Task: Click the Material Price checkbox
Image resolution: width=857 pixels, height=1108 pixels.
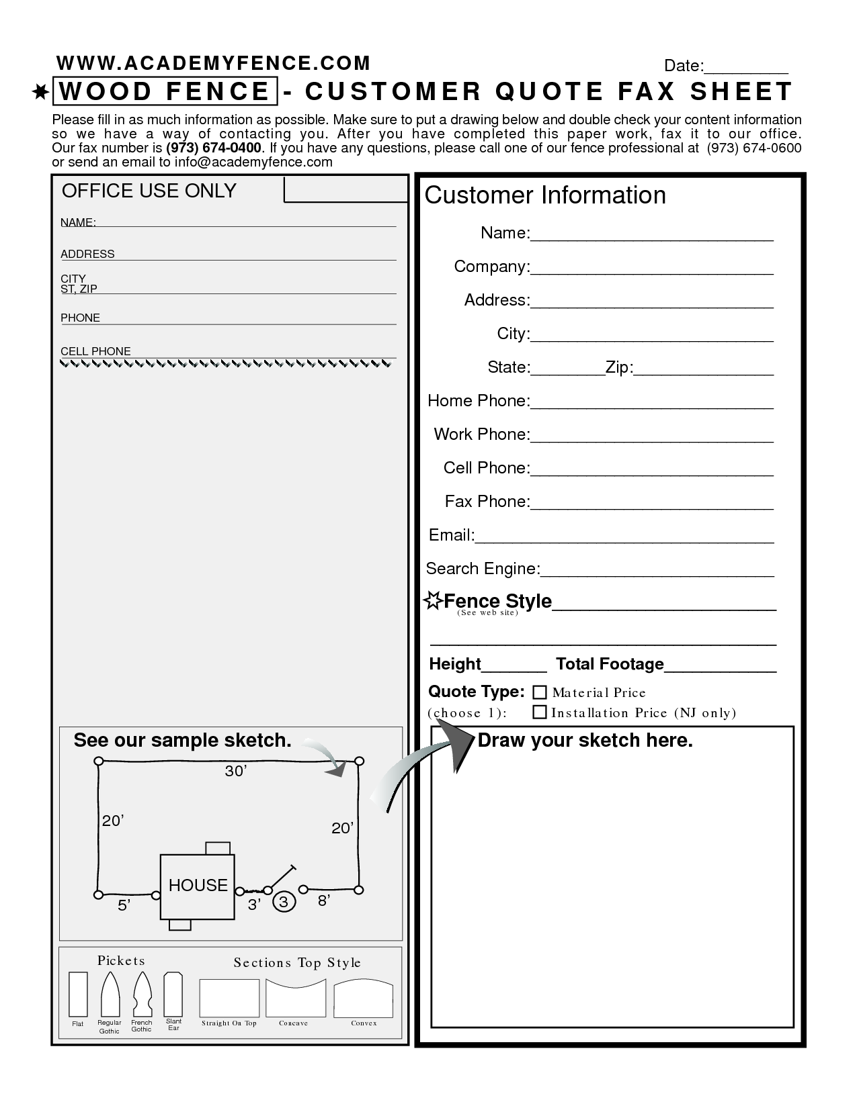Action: pos(540,692)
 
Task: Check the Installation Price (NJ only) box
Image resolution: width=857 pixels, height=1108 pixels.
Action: pos(540,712)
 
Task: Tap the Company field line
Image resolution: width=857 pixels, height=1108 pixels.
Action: pos(651,269)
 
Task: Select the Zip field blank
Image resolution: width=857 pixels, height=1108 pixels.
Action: pos(703,369)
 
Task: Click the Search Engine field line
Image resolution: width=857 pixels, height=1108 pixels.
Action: pos(657,571)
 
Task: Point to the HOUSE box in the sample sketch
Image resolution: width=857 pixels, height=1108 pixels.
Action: pos(198,886)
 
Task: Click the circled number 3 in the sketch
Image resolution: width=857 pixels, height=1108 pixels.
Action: pos(284,902)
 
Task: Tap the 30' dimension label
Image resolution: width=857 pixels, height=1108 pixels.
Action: pos(236,772)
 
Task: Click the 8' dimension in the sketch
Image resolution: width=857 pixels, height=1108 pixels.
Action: pos(323,901)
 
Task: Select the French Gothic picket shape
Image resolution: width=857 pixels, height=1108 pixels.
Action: pos(142,995)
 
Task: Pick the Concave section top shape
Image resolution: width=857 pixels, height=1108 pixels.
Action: pos(296,998)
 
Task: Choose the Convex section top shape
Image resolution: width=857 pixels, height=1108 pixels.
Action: pos(364,999)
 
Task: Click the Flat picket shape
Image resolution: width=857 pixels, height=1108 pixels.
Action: pos(79,994)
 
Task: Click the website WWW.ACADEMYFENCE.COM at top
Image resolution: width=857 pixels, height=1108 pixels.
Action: pos(213,63)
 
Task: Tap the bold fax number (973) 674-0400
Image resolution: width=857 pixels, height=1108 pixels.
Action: pos(214,148)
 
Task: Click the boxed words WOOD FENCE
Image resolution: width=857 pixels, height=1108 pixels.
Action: pos(165,92)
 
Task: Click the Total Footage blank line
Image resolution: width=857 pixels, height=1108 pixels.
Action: pos(720,666)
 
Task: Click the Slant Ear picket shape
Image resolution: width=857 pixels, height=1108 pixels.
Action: pos(173,993)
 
